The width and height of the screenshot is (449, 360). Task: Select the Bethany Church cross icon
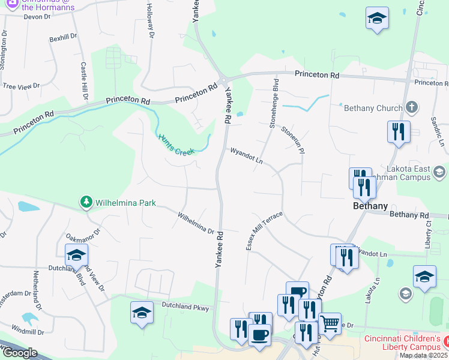tap(411, 108)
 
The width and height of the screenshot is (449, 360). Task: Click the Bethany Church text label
tap(373, 109)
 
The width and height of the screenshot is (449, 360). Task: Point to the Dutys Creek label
tap(178, 145)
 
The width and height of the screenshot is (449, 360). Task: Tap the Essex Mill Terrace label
tap(263, 231)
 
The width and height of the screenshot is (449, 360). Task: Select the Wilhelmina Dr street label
tap(196, 222)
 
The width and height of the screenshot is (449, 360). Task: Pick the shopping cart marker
tap(330, 323)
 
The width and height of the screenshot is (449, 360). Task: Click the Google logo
tap(20, 352)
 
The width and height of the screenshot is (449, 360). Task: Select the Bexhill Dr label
tap(64, 37)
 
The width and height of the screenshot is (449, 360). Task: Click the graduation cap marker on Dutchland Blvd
tap(76, 255)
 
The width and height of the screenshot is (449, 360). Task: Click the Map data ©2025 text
tap(424, 355)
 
